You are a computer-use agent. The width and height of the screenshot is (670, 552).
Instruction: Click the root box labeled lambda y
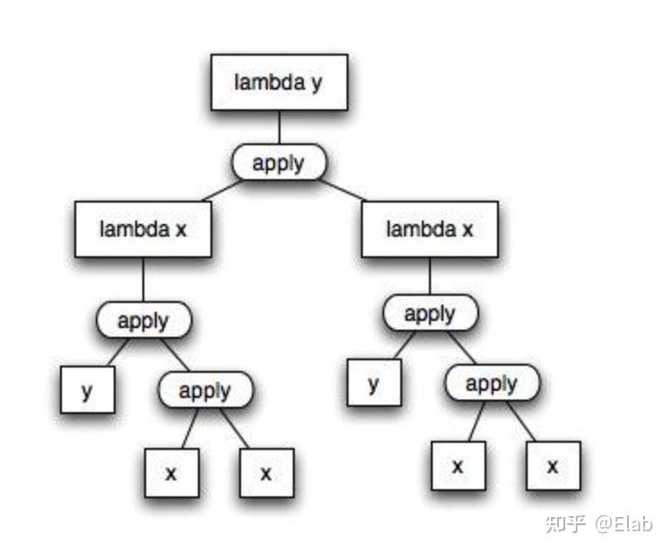click(x=279, y=82)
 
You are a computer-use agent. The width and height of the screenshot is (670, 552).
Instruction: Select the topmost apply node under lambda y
click(x=279, y=163)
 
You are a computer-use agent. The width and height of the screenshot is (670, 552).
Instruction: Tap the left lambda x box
click(x=143, y=229)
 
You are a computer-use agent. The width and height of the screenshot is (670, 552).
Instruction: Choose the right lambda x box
click(x=430, y=229)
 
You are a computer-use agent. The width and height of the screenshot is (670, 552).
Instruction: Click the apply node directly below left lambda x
click(x=143, y=320)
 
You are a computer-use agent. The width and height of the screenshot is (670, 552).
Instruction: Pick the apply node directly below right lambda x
click(x=430, y=314)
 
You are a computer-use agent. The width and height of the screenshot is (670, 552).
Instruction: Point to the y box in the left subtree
click(x=88, y=391)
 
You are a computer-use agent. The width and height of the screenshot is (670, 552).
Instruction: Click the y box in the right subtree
click(x=374, y=384)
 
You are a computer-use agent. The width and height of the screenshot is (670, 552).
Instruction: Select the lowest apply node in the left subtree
click(x=205, y=390)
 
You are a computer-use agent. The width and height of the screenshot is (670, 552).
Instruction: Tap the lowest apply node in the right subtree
click(x=492, y=384)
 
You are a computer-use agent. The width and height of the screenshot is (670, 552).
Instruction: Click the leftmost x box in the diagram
click(x=171, y=472)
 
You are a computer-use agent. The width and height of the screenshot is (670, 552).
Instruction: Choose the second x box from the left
click(x=266, y=472)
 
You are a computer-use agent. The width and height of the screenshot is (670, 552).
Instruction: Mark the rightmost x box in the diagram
click(x=553, y=466)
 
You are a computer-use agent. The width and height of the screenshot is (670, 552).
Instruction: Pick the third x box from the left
click(x=458, y=466)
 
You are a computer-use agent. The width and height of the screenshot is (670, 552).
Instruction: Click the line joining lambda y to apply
click(x=279, y=128)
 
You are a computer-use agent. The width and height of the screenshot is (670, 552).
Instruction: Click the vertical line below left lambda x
click(x=143, y=280)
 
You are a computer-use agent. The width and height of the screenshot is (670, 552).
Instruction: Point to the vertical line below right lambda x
click(x=430, y=276)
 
